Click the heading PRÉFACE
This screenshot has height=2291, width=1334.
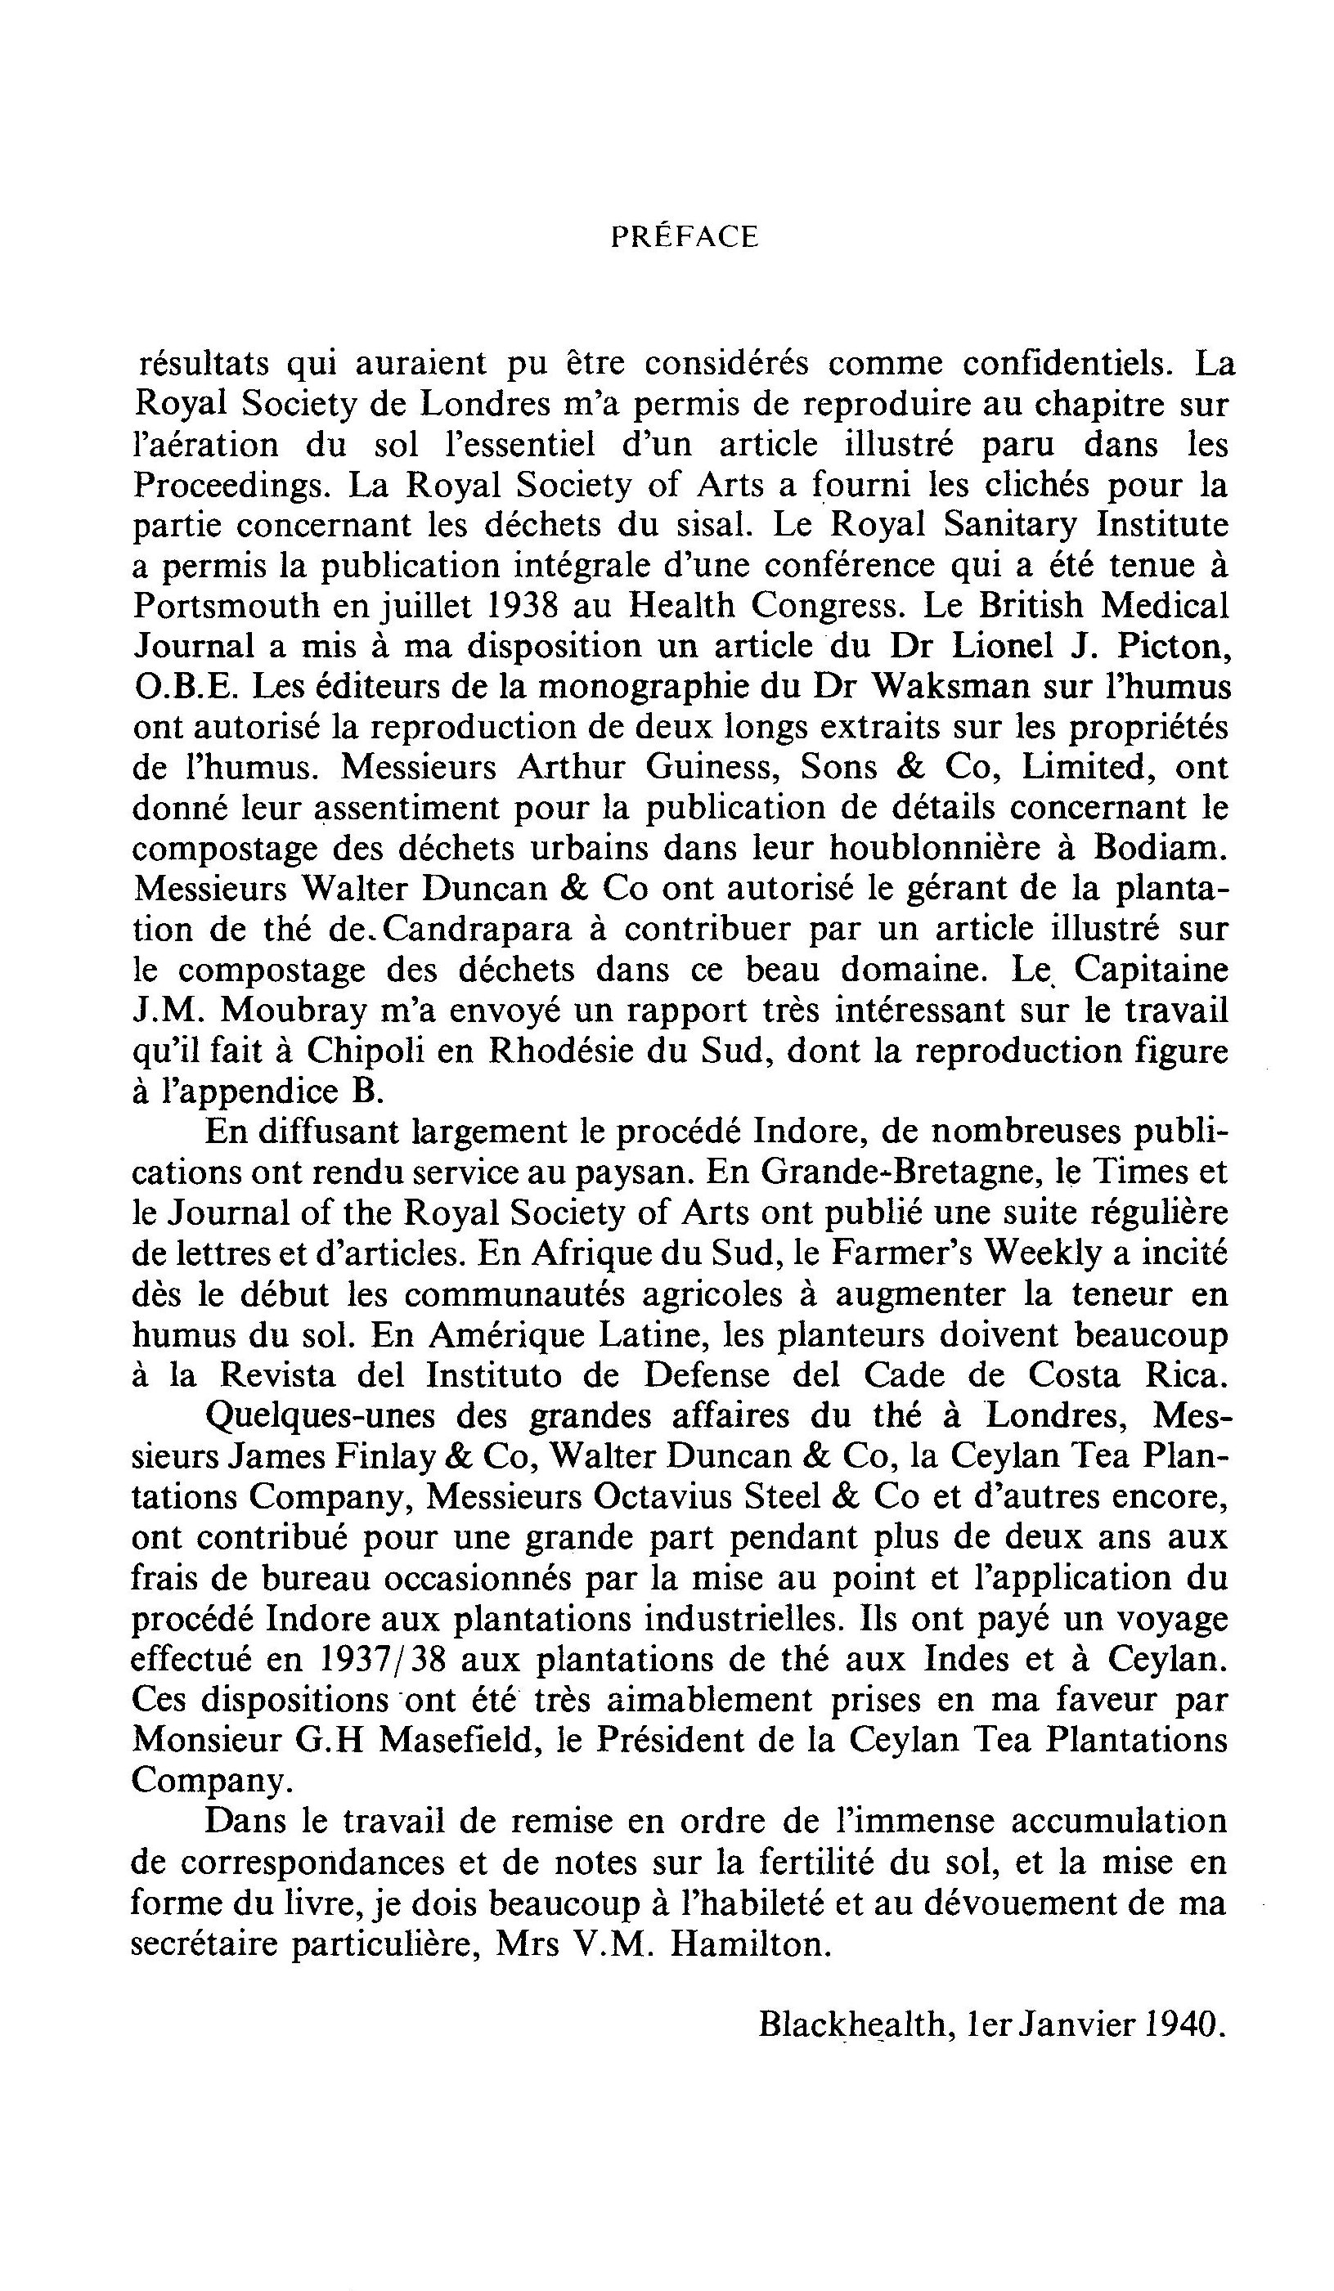click(x=684, y=237)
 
